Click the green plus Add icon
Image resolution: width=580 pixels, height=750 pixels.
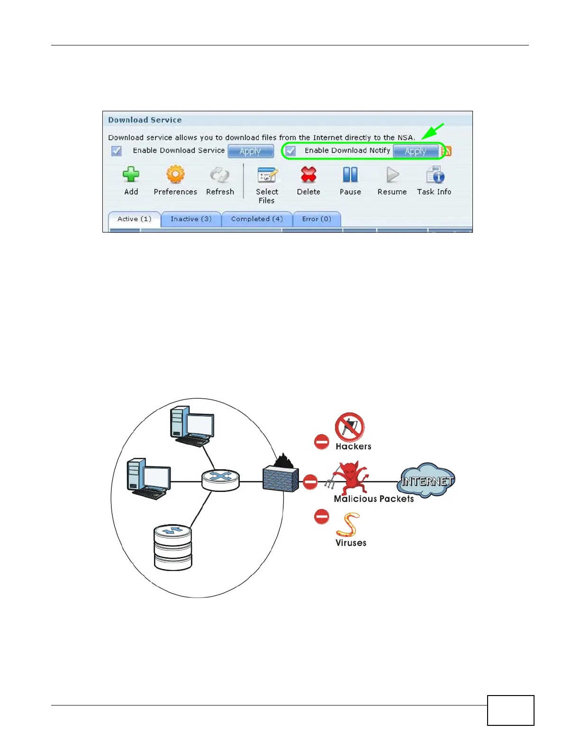[x=131, y=175]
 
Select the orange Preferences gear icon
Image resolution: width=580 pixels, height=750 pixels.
[x=175, y=175]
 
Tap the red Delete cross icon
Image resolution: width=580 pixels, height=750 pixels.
[x=308, y=175]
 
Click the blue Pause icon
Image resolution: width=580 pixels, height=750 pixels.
[x=350, y=175]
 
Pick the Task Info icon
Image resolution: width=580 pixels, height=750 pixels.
[x=435, y=175]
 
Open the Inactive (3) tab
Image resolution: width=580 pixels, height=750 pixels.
[x=191, y=219]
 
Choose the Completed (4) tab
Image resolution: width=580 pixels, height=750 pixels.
[x=257, y=219]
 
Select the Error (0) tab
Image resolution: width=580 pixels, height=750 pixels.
[x=317, y=219]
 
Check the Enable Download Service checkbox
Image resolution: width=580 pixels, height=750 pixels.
[x=117, y=151]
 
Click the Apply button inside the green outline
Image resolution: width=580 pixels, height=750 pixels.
[x=416, y=151]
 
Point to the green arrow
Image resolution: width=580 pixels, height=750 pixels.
[x=433, y=131]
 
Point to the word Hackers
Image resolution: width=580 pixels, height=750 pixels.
[x=353, y=446]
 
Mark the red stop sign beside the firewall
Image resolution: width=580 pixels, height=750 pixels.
[x=310, y=482]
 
